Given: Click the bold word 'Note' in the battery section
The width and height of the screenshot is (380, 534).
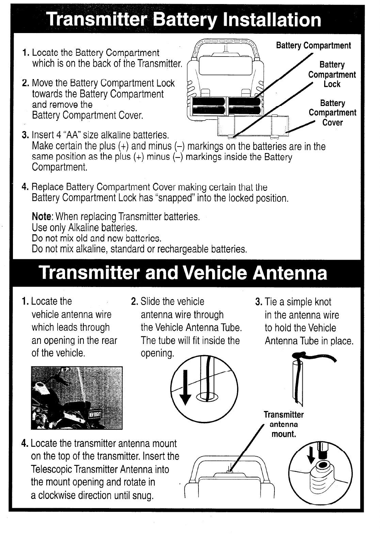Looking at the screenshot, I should pos(42,217).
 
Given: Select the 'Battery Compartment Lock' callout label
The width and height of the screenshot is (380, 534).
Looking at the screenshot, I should pos(332,74).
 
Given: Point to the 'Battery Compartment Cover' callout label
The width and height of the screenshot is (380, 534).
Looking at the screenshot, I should pos(332,113).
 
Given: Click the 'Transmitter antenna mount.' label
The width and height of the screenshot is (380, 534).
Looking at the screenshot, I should pos(284,424).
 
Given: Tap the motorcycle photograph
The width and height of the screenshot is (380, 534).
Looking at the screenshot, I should pos(76,398).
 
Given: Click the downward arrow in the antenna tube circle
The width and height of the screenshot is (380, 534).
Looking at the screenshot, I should pos(186,387).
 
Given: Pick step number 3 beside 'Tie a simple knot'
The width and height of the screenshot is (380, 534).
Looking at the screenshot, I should pos(258,302).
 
